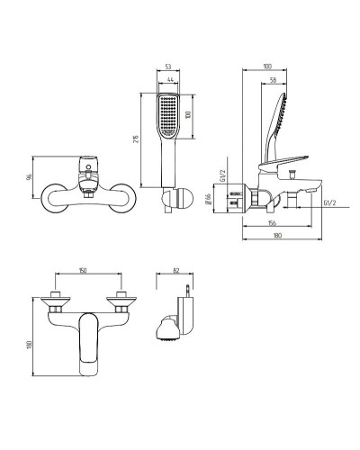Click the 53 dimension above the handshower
point(168,67)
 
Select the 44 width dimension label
point(170,79)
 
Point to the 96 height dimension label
point(29,177)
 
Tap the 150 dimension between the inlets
point(83,270)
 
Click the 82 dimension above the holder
point(176,270)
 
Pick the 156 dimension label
point(272,223)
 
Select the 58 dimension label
point(273,80)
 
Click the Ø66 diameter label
point(209,199)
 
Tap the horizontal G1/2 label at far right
point(329,202)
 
